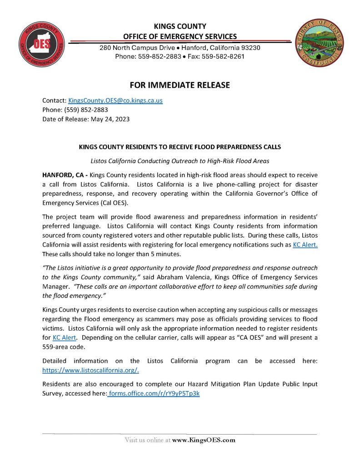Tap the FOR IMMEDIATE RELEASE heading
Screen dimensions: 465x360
tap(180, 85)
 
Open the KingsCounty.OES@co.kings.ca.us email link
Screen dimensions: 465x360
tap(115, 100)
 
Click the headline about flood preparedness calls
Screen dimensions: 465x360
tap(180, 147)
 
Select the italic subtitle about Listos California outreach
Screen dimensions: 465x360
tap(180, 161)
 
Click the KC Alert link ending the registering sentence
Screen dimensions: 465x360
tap(305, 245)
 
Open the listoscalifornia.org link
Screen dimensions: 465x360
tap(90, 370)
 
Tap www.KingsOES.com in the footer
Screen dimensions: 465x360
tap(204, 440)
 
